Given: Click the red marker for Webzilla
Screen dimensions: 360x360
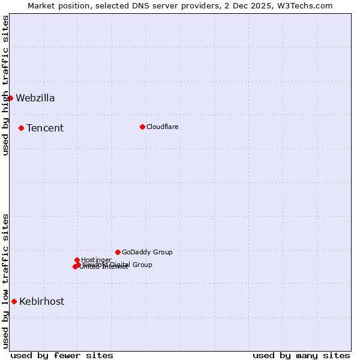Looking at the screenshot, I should [10, 98].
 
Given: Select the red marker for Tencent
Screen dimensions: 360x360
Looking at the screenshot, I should [21, 128].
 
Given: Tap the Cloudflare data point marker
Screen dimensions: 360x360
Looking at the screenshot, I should [142, 127].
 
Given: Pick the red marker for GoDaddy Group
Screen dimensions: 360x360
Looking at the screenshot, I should [118, 252].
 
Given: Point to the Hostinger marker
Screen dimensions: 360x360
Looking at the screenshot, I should [77, 260].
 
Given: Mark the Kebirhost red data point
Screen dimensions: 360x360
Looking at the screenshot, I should [14, 301].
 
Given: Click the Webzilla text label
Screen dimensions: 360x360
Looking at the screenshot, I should [35, 98].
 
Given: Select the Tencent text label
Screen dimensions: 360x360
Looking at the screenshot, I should [45, 128].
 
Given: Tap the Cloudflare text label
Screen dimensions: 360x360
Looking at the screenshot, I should [163, 127].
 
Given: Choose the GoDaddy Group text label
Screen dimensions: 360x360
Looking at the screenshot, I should [147, 252].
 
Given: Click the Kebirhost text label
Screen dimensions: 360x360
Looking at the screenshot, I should [42, 302].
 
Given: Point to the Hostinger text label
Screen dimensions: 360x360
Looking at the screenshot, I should [96, 260].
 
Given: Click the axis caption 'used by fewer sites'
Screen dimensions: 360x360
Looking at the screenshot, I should [62, 355].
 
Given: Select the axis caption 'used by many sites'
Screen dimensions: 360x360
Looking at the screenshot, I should [301, 355].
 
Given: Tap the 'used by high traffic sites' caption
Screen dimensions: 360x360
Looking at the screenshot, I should [6, 85].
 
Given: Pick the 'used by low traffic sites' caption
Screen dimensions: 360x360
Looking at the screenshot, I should [6, 280].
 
